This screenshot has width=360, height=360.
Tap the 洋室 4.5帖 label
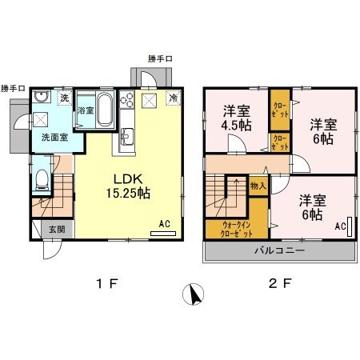click(x=238, y=118)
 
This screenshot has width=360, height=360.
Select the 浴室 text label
click(x=86, y=110)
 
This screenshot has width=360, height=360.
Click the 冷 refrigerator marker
click(x=173, y=98)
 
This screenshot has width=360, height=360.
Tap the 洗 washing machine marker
click(x=66, y=98)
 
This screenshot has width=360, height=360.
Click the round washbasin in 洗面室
click(x=42, y=99)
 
